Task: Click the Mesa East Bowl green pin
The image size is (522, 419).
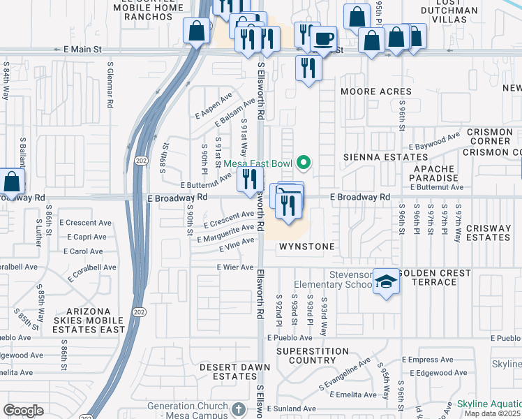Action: [x=303, y=163]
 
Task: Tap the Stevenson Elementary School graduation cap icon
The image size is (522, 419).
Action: [x=384, y=281]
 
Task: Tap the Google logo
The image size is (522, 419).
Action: [x=23, y=410]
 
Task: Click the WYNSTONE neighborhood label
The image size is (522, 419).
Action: [x=307, y=247]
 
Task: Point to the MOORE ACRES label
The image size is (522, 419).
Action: [x=375, y=91]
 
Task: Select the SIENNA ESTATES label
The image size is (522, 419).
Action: [x=380, y=158]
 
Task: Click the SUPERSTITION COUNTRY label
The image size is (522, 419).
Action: [x=312, y=355]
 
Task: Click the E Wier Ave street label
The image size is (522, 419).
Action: [x=235, y=267]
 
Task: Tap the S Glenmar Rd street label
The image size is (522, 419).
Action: [x=110, y=84]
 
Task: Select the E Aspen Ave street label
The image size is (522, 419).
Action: [x=214, y=105]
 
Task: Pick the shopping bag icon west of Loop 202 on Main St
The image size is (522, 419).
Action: [x=196, y=31]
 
